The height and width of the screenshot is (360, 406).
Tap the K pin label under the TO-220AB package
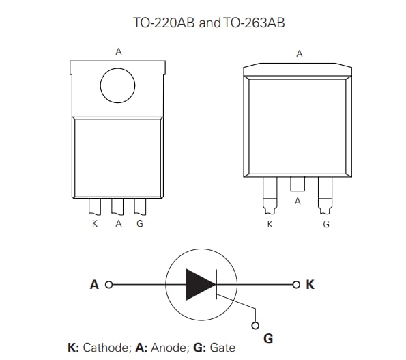[95, 224]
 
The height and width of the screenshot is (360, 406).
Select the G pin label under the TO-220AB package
[140, 224]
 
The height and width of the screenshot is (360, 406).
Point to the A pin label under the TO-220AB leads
[118, 224]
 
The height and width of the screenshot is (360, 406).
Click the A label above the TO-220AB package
[119, 51]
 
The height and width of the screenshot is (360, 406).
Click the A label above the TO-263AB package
[299, 53]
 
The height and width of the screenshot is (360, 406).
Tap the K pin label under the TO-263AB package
[270, 224]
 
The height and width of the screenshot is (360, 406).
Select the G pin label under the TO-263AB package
[326, 224]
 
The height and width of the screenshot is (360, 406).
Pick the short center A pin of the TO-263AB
[298, 184]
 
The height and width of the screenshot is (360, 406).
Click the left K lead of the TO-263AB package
[270, 194]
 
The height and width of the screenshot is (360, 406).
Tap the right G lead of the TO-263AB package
[325, 194]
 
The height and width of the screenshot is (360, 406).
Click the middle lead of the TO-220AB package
[118, 206]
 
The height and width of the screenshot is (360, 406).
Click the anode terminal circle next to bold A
[109, 284]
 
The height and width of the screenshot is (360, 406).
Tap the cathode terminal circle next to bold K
[295, 284]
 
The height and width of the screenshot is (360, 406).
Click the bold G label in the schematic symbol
[268, 337]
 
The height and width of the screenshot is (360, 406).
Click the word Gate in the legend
[222, 348]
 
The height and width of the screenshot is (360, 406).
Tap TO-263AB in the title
[254, 23]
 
